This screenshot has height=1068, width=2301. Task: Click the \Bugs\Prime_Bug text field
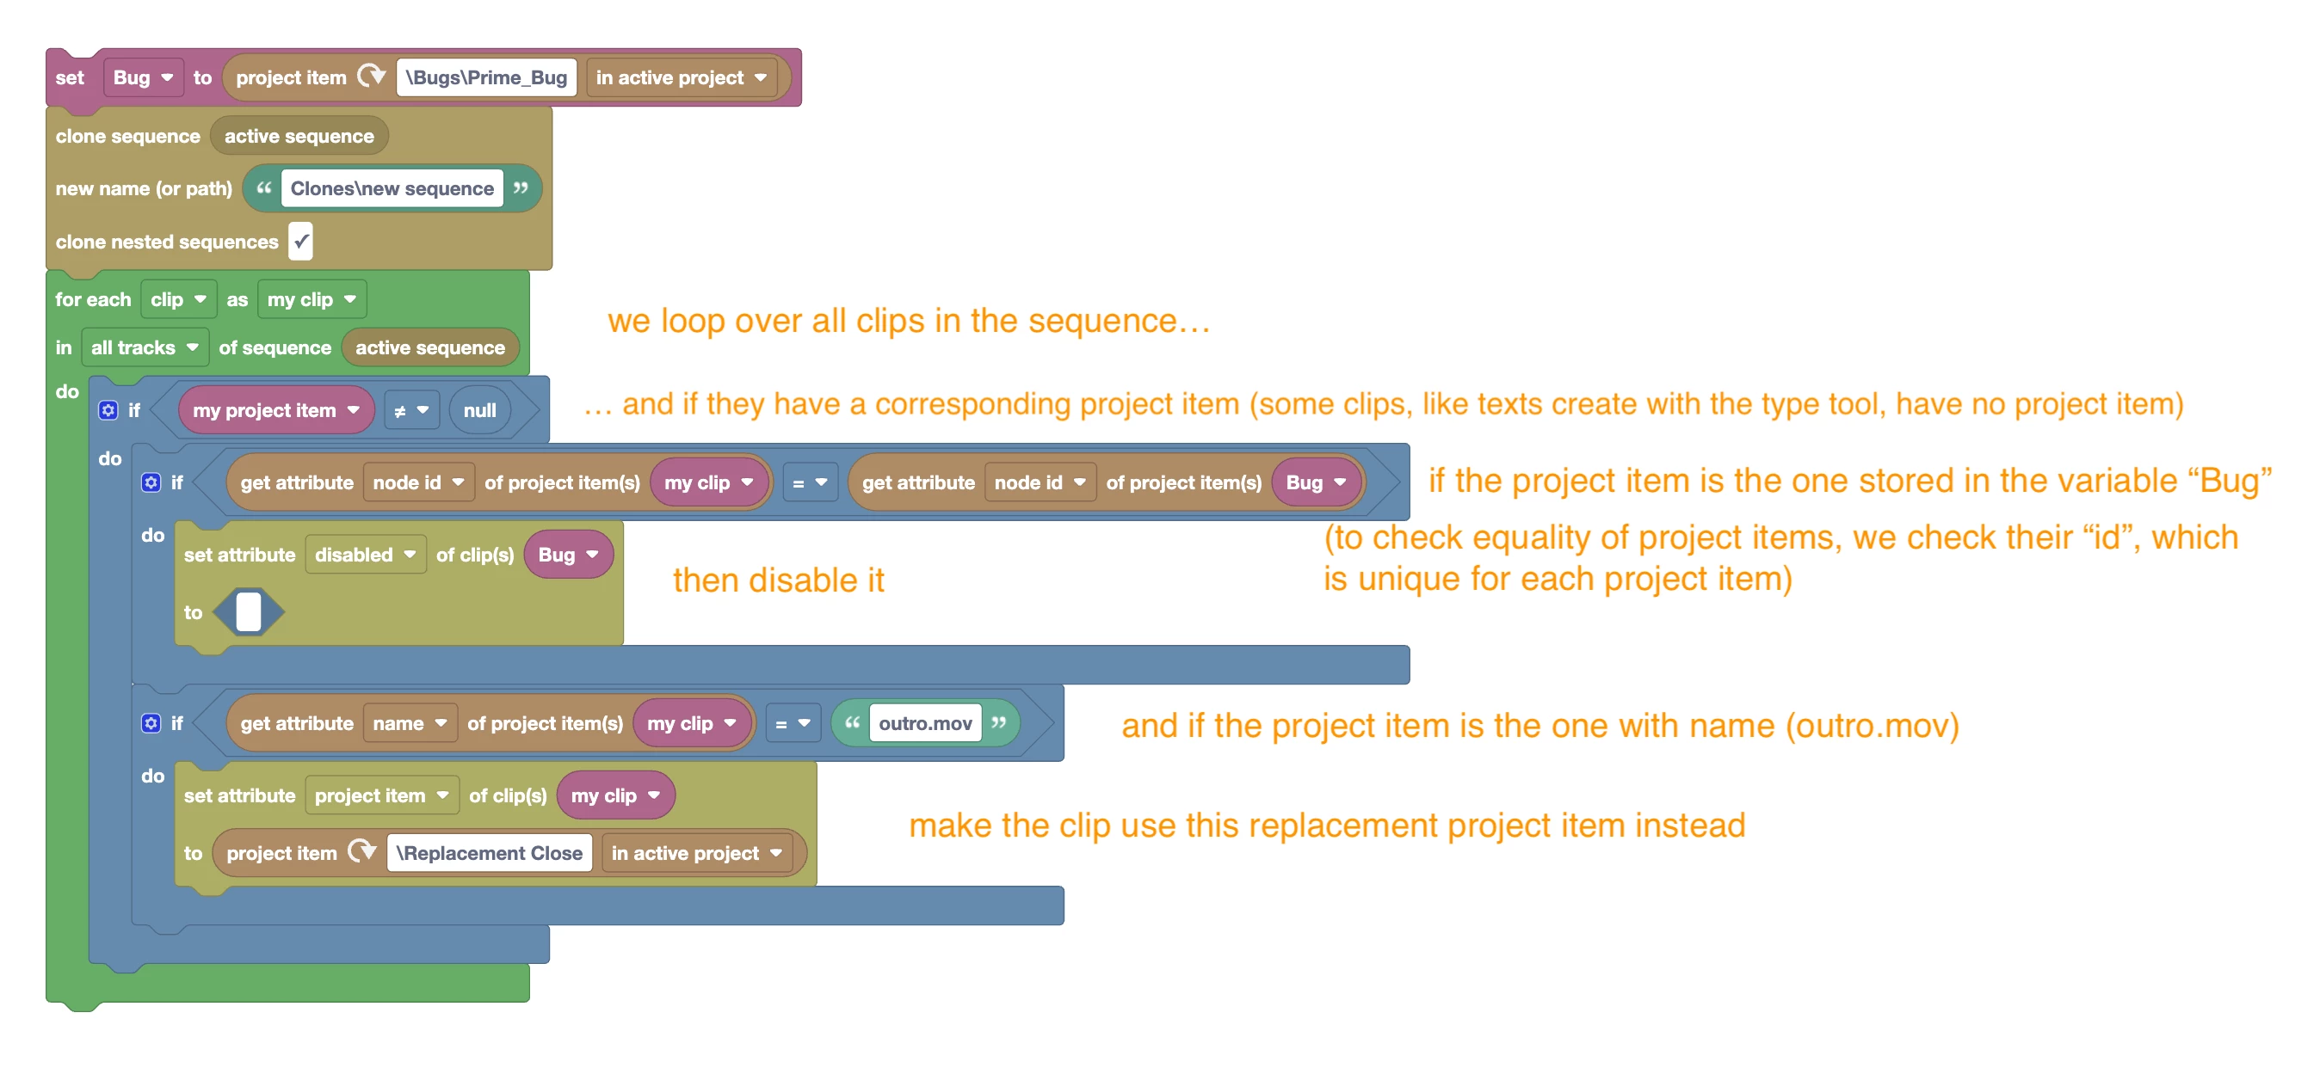(487, 77)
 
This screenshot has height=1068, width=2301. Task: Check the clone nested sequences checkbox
(301, 241)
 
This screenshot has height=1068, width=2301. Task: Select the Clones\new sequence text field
(392, 188)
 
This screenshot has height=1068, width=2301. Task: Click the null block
(479, 411)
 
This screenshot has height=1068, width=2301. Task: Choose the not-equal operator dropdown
(412, 411)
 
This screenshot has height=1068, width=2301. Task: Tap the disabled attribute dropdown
(366, 555)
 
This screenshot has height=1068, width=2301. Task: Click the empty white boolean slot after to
(249, 612)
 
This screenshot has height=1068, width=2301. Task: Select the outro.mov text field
(924, 723)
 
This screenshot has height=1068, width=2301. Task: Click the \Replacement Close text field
(490, 853)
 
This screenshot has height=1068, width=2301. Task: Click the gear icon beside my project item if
(108, 410)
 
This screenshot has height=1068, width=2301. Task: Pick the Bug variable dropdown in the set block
(143, 77)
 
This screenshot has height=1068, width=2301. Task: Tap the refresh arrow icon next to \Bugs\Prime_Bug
(371, 76)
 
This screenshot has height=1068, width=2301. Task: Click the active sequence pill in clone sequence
(299, 136)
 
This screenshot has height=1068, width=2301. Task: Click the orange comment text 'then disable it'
(778, 580)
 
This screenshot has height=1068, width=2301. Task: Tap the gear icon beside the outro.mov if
(151, 722)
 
